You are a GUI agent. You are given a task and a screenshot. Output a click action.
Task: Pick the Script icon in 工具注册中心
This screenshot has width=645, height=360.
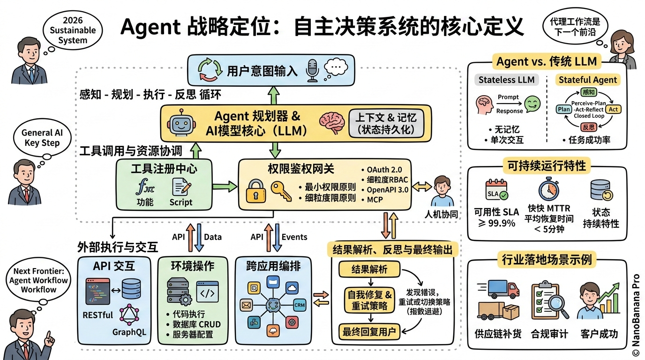point(181,187)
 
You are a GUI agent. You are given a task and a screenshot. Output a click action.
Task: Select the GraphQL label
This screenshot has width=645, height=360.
point(129,332)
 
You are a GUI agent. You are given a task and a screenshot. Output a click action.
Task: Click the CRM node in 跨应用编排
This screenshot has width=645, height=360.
point(300,304)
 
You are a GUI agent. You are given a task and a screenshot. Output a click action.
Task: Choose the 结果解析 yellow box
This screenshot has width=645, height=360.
point(369,270)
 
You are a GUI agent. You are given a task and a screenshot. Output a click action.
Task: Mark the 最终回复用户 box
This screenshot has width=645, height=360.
point(369,332)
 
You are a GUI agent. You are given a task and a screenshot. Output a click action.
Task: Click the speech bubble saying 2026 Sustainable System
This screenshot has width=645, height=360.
point(73,30)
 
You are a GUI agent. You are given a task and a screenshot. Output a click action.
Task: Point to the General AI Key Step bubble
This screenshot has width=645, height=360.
point(42,138)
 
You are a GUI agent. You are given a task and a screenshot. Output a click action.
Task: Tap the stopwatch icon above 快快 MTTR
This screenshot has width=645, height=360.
point(547,189)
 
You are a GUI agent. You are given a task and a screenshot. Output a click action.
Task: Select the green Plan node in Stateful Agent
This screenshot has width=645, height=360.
point(564,109)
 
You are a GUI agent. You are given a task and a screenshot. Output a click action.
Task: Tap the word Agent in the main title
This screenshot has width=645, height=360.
point(150,27)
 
